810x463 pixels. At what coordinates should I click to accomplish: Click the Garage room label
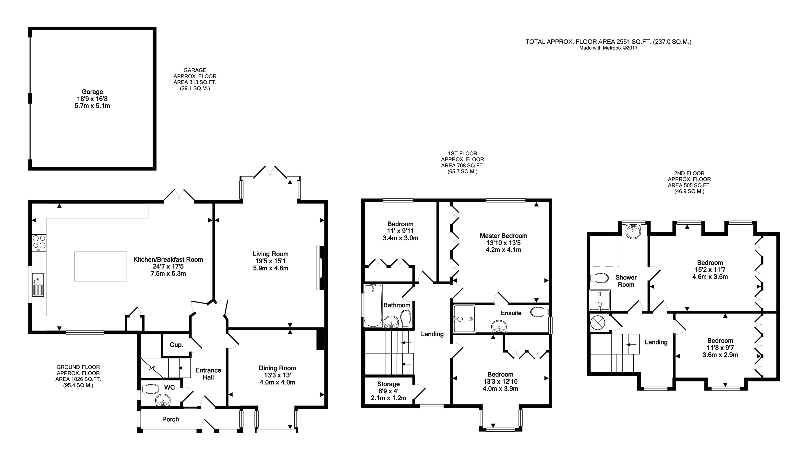(x=92, y=92)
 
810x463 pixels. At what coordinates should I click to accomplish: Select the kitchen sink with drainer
(x=38, y=285)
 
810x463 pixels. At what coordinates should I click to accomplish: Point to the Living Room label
(x=270, y=254)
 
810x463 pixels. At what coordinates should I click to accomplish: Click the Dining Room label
(x=277, y=368)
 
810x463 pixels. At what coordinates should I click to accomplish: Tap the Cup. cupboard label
(x=176, y=345)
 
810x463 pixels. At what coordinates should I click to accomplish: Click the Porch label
(x=170, y=419)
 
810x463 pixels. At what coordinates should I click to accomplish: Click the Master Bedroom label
(x=503, y=236)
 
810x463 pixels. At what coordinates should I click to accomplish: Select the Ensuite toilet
(x=540, y=311)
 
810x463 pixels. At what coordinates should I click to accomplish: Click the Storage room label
(x=388, y=384)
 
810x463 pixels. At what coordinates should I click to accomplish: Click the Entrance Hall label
(x=208, y=374)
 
